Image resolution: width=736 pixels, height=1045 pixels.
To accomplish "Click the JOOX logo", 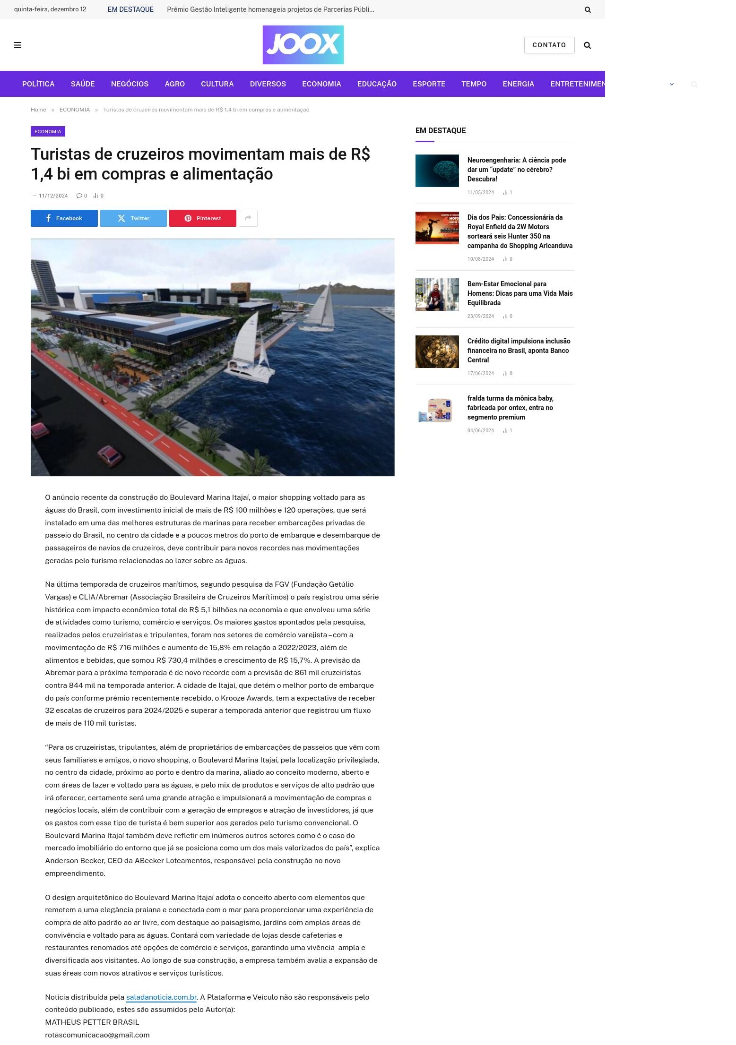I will [303, 45].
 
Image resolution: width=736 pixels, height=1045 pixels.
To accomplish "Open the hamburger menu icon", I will [18, 45].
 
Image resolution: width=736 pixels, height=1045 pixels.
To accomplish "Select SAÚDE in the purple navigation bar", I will [83, 84].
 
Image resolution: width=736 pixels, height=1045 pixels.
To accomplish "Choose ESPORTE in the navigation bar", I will [429, 84].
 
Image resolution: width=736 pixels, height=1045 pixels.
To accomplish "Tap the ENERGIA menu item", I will [518, 84].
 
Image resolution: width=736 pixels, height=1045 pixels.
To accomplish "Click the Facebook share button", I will [64, 218].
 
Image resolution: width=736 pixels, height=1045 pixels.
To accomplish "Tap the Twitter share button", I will [133, 218].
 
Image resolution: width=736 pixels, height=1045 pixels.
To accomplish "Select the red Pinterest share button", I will [202, 218].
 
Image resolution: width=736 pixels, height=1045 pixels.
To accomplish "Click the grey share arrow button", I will [248, 218].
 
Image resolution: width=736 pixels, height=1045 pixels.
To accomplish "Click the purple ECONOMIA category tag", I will [48, 131].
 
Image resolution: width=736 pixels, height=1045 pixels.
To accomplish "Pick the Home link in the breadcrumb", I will [38, 110].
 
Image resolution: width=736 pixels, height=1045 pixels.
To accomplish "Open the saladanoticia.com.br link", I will [161, 997].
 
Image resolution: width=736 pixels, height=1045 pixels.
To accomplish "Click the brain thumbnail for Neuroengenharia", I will [437, 171].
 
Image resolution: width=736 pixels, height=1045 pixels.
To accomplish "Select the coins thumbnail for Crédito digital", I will [437, 351].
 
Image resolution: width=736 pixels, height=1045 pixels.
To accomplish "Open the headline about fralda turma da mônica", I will [510, 408].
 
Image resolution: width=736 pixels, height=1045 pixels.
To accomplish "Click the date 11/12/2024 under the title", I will [53, 196].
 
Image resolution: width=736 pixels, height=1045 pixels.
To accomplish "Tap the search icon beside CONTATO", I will [587, 45].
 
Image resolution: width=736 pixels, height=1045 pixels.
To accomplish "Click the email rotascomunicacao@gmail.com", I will [97, 1035].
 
